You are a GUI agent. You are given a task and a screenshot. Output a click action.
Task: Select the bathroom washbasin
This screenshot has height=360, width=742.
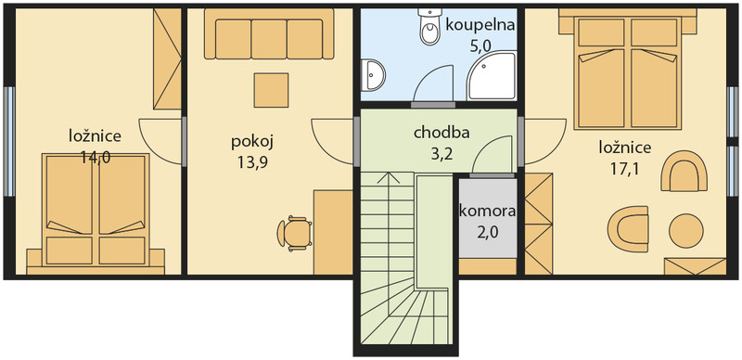click(373, 75)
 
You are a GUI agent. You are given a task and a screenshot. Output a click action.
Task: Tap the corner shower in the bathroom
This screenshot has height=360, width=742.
click(492, 76)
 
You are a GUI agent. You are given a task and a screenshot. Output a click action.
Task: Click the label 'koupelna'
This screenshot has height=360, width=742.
click(480, 25)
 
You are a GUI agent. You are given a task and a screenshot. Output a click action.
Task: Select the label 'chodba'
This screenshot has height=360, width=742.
click(441, 133)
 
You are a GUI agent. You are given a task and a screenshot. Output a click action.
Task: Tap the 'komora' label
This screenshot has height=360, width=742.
click(488, 212)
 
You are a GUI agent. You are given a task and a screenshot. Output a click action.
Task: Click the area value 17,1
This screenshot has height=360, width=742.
click(624, 169)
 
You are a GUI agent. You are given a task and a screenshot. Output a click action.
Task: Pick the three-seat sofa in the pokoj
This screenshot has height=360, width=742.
click(269, 34)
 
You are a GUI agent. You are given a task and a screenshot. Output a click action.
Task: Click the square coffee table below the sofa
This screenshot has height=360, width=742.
click(271, 90)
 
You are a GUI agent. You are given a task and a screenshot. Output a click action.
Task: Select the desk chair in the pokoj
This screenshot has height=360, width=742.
click(294, 234)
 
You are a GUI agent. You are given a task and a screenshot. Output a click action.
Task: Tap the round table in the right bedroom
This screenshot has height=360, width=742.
click(686, 231)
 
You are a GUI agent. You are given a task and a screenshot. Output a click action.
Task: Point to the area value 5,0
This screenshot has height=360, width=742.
click(480, 46)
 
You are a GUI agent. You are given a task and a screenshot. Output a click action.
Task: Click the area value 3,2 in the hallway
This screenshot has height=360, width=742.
click(441, 153)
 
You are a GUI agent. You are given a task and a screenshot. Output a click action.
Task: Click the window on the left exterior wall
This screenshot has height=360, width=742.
click(9, 141)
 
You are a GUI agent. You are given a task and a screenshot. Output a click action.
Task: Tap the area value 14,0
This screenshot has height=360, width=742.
click(96, 157)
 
